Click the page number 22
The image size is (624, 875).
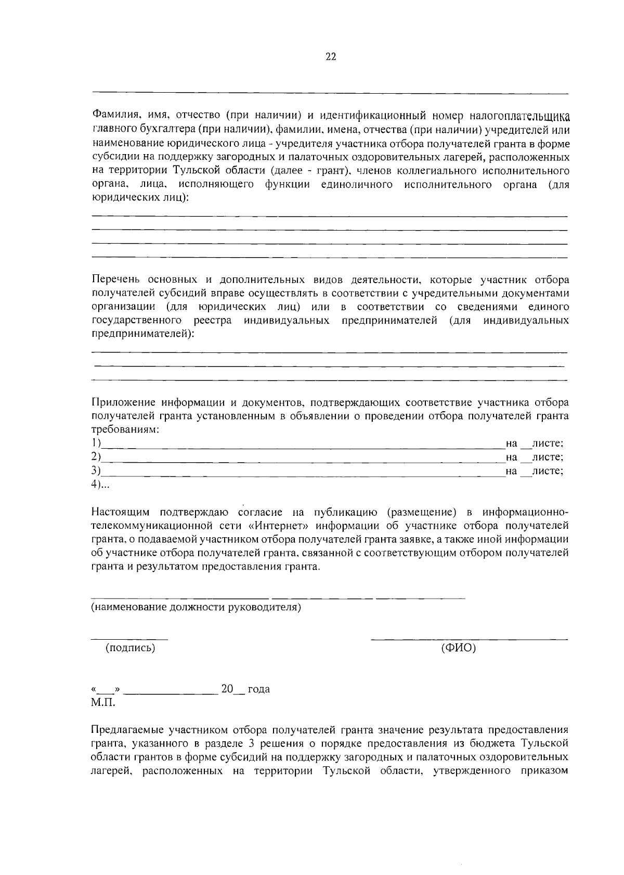(331, 57)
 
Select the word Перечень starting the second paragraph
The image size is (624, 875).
(115, 280)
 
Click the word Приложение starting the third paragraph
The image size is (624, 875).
(123, 402)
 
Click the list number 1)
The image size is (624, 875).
(95, 443)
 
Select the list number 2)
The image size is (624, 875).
(95, 457)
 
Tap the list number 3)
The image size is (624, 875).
(95, 471)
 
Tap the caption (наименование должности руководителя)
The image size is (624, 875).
(196, 607)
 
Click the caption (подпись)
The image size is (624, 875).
(130, 648)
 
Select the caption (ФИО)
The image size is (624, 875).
(458, 648)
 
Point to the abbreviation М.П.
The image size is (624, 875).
(103, 703)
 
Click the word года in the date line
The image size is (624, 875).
(258, 689)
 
